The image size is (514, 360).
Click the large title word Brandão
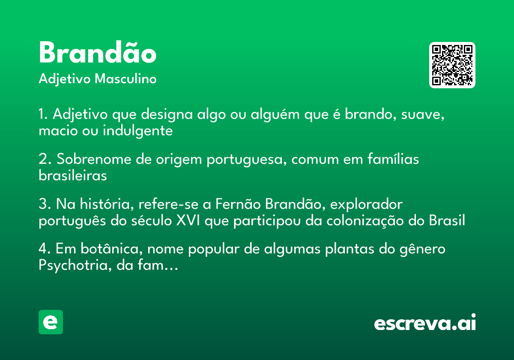click(98, 52)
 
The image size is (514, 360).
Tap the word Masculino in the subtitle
click(126, 79)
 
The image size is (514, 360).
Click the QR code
click(452, 65)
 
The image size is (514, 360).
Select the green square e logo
click(51, 322)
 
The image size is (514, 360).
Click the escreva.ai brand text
click(425, 322)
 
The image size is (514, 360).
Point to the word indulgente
click(137, 131)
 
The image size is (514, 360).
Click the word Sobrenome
click(94, 159)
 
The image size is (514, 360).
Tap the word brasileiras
click(73, 176)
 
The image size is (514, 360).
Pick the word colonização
click(365, 221)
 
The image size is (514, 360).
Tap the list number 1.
click(43, 114)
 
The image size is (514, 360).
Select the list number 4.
click(44, 249)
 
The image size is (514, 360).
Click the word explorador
click(366, 204)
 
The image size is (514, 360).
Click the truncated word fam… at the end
click(158, 265)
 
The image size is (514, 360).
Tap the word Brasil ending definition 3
click(447, 220)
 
